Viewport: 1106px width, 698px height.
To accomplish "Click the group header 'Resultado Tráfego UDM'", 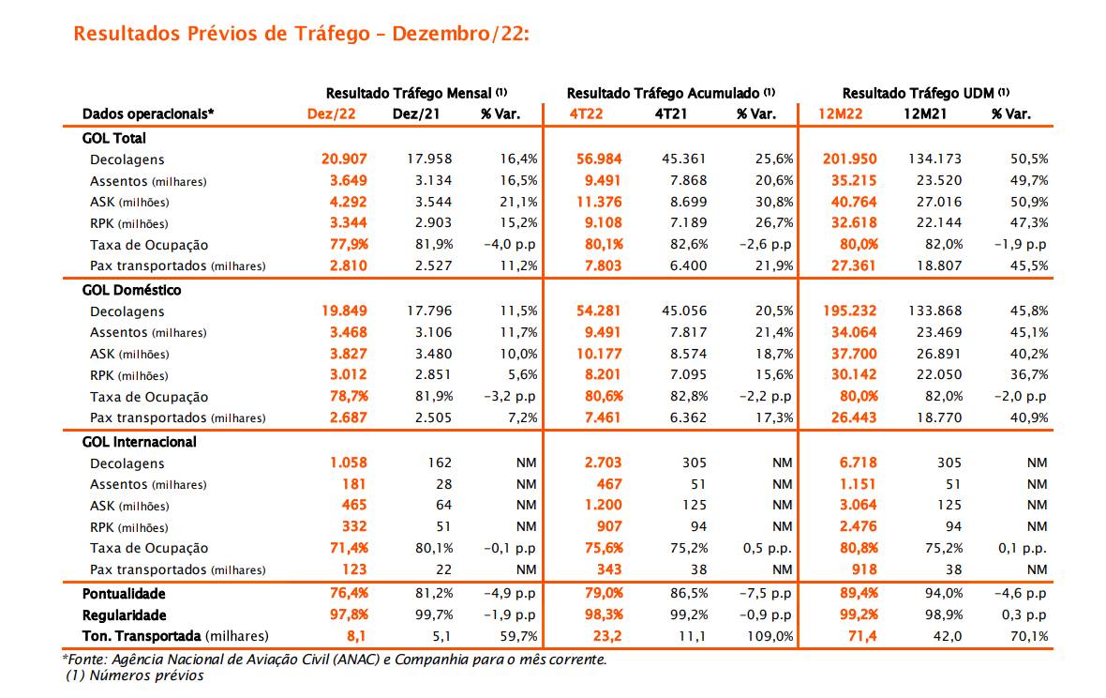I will pos(925,93).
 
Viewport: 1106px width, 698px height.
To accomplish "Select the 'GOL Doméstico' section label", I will pos(131,290).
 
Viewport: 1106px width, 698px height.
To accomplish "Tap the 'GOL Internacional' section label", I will pos(140,442).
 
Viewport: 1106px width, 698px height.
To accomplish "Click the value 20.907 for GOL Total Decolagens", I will pos(344,159).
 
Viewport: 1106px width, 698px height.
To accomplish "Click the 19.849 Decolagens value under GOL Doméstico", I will pos(344,311).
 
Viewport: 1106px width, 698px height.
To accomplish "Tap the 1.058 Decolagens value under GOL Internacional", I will pos(348,463).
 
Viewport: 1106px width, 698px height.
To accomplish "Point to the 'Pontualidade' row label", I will pos(124,594).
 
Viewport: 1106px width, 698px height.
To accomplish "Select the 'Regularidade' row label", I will pos(125,615).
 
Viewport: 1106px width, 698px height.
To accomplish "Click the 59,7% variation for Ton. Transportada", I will pos(518,636).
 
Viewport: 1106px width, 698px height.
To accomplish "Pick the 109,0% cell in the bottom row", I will pos(771,636).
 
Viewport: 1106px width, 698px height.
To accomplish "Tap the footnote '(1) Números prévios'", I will pos(134,675).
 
